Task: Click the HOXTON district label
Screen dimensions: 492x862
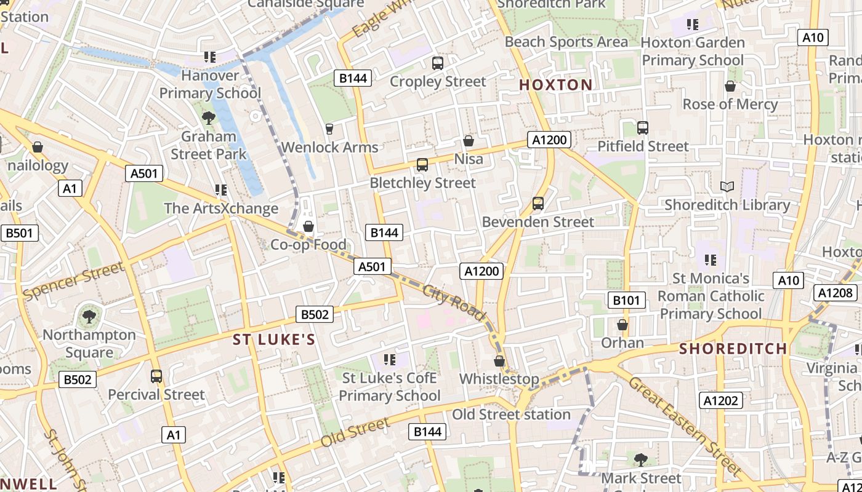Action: pyautogui.click(x=556, y=85)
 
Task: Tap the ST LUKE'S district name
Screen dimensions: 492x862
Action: pyautogui.click(x=274, y=339)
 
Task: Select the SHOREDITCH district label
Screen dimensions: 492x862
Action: pyautogui.click(x=733, y=349)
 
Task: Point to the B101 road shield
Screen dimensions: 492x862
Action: pyautogui.click(x=627, y=300)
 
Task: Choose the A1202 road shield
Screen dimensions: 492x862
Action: pyautogui.click(x=722, y=401)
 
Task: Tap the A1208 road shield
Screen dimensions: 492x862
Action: pyautogui.click(x=835, y=293)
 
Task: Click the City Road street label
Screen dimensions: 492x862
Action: pyautogui.click(x=454, y=303)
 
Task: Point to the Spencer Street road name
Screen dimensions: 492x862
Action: pyautogui.click(x=73, y=282)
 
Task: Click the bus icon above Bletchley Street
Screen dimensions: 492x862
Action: pyautogui.click(x=422, y=165)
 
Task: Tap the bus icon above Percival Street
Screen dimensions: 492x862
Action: pyautogui.click(x=156, y=376)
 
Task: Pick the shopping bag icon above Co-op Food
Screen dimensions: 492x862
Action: pyautogui.click(x=308, y=227)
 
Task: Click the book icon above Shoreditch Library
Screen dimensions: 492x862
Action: pyautogui.click(x=727, y=186)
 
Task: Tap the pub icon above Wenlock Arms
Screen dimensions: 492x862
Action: pyautogui.click(x=329, y=129)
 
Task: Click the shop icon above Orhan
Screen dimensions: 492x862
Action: pyautogui.click(x=622, y=325)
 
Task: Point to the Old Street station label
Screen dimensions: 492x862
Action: pyautogui.click(x=512, y=415)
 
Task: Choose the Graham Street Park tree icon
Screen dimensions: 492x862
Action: pyautogui.click(x=209, y=118)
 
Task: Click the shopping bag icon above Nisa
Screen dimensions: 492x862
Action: pyautogui.click(x=469, y=141)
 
